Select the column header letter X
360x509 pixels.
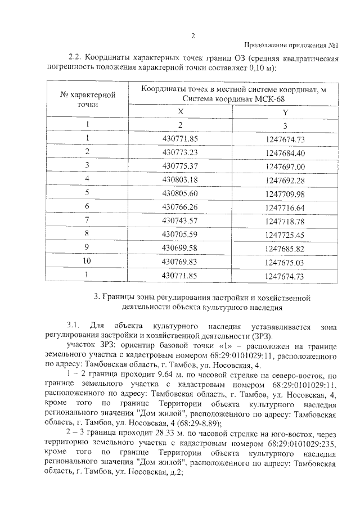[x=181, y=112]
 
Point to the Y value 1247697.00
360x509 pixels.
[x=285, y=166]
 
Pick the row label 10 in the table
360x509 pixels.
[x=87, y=262]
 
